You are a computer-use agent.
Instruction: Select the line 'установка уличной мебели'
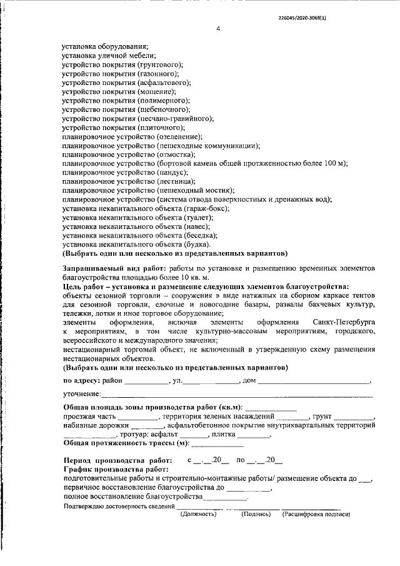104,56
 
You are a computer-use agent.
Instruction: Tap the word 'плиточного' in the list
166,127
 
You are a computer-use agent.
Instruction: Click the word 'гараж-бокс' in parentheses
206,208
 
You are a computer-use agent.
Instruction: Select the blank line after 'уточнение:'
237,395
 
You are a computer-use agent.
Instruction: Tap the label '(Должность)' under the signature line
198,514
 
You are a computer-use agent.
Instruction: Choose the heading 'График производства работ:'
116,469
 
